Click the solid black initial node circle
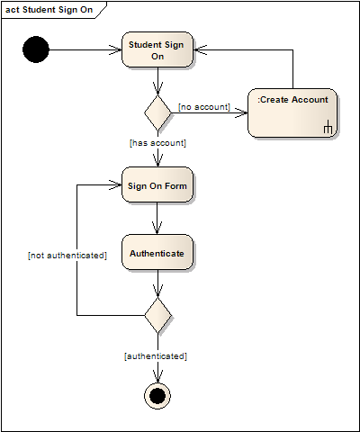36,49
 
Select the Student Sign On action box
157,49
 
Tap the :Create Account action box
292,112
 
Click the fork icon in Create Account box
328,127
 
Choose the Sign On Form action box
157,184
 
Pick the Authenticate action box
157,252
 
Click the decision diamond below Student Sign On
157,113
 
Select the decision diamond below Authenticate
157,315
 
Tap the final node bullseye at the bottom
157,396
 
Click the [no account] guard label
204,107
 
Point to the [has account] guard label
157,143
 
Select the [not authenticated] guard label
67,256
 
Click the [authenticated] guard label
156,356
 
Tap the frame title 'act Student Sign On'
49,10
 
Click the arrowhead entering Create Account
241,112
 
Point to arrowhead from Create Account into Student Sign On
200,49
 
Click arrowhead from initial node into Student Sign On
115,49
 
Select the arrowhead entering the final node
157,376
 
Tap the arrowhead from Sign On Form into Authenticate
157,228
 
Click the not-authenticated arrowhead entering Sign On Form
115,184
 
